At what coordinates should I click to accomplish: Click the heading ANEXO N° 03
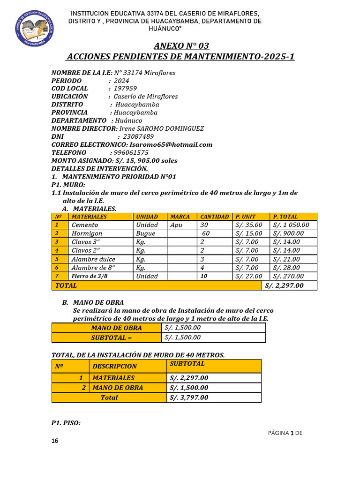(181, 46)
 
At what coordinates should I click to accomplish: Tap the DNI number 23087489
(135, 136)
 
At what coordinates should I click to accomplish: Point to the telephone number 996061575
(131, 152)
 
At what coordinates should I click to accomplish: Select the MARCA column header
(180, 217)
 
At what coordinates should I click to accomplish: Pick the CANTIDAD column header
(214, 217)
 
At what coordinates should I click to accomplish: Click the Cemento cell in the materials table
(85, 225)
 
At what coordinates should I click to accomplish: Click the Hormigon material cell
(87, 233)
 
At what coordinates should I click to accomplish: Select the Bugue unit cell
(145, 233)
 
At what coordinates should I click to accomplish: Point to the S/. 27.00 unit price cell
(249, 276)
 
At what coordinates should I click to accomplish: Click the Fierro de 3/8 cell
(90, 276)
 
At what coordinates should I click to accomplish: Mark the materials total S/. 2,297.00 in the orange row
(284, 285)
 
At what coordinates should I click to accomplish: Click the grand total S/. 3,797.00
(189, 397)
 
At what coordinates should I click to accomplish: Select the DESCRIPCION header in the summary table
(114, 366)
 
